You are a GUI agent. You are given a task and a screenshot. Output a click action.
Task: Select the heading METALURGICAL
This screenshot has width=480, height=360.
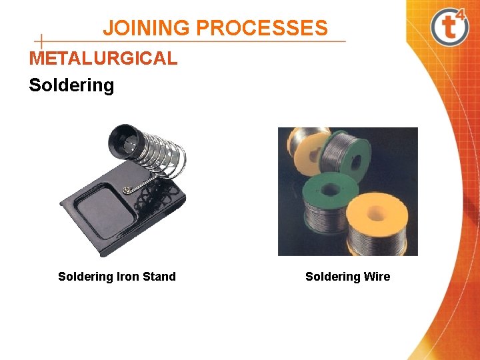pyautogui.click(x=103, y=59)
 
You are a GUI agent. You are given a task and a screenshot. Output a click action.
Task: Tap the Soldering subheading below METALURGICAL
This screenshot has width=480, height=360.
pyautogui.click(x=71, y=85)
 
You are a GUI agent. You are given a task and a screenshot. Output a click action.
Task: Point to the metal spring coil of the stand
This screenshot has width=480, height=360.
pyautogui.click(x=163, y=157)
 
